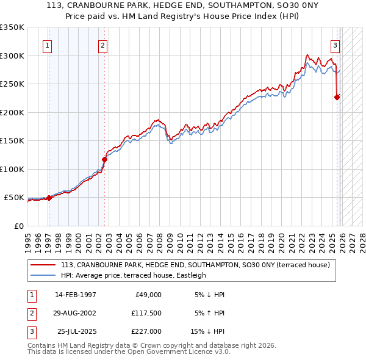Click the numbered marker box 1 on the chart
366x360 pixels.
coord(47,45)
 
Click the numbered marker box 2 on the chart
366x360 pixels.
coord(104,45)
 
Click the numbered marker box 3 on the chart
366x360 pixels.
coord(335,45)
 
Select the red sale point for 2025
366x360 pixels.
coord(337,96)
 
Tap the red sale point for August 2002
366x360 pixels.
coord(104,159)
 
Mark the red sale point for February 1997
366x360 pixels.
coord(49,198)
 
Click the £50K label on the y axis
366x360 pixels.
coord(14,198)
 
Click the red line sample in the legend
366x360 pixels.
coord(43,265)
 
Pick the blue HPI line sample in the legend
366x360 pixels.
coord(43,275)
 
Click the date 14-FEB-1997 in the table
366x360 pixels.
coord(76,295)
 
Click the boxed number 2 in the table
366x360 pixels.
coord(31,313)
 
